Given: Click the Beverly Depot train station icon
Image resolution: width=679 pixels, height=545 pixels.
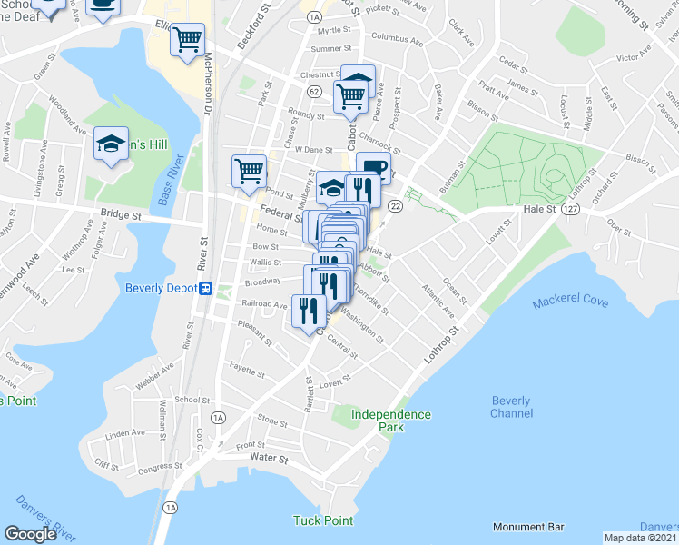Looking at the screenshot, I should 207,289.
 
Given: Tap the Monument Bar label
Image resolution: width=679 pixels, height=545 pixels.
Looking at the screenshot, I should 528,527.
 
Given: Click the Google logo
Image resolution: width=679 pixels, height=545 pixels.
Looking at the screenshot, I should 31,533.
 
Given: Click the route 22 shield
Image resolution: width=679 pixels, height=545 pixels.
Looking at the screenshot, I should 395,207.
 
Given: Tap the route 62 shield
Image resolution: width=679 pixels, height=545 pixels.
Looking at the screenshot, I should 314,92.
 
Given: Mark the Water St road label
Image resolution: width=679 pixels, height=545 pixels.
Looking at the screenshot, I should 269,459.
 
